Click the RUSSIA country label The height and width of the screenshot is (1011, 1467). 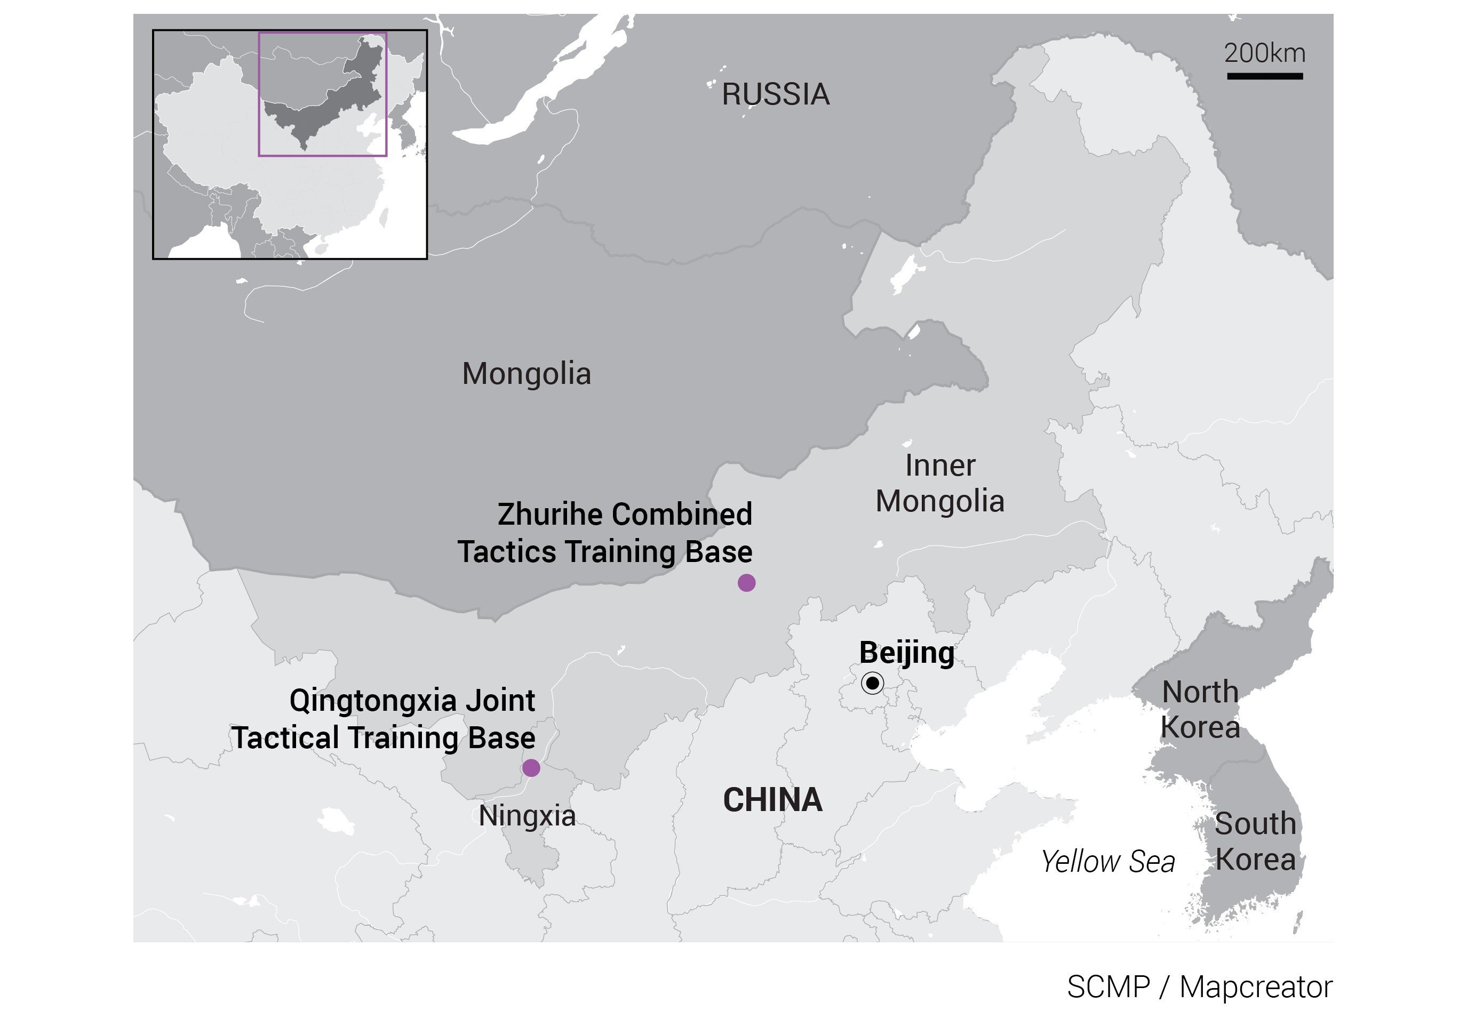(x=775, y=94)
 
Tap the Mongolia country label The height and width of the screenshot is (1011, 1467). (x=526, y=374)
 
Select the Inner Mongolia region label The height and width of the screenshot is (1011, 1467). (x=940, y=483)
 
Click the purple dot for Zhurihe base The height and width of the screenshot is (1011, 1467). (x=746, y=583)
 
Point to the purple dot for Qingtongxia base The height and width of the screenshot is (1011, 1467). (x=531, y=768)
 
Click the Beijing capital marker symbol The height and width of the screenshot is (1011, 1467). (x=873, y=683)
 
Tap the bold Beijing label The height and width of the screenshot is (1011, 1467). (x=906, y=653)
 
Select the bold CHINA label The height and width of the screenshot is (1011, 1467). (x=772, y=799)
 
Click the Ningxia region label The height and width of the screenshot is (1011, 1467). (x=527, y=816)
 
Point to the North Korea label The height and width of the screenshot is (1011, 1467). (x=1200, y=710)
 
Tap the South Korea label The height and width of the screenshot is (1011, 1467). (x=1255, y=842)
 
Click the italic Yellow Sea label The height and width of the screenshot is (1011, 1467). (x=1107, y=862)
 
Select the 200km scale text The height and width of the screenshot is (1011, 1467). (x=1264, y=53)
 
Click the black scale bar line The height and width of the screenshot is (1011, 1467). (x=1265, y=76)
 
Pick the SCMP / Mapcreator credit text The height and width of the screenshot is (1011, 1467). (x=1200, y=987)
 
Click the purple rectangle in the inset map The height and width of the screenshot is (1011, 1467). (x=323, y=155)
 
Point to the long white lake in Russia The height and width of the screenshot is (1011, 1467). (x=545, y=82)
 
